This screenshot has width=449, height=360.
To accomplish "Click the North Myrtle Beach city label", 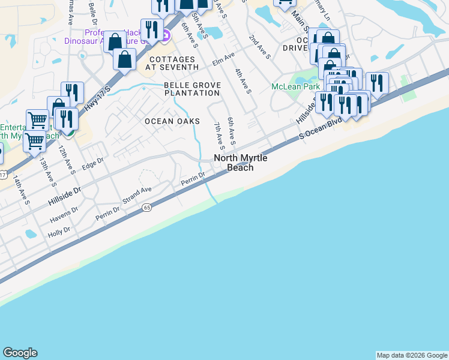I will click(240, 163).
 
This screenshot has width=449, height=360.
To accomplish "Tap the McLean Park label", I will click(295, 86).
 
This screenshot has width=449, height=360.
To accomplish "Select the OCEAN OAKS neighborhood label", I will click(172, 121).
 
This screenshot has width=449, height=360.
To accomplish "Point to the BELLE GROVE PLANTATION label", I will click(192, 89).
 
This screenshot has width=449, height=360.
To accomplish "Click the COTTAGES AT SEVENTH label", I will click(172, 64).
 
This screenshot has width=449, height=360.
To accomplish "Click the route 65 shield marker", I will click(146, 208).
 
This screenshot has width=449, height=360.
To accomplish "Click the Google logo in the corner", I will click(20, 353).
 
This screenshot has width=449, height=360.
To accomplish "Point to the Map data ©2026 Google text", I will click(412, 355).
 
